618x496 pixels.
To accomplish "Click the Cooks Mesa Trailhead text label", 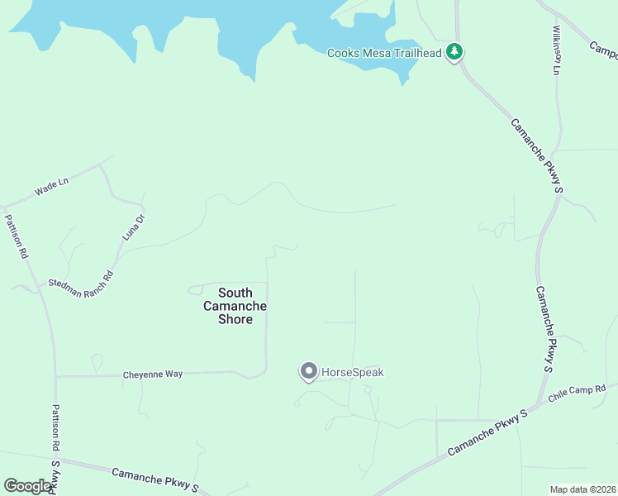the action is click(384, 53).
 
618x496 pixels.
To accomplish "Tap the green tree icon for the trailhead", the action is click(454, 52).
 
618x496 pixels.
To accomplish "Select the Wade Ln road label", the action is click(51, 188).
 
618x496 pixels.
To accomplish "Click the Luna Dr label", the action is click(133, 227).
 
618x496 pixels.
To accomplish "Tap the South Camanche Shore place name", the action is click(235, 306).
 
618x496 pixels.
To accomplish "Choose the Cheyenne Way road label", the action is click(152, 374).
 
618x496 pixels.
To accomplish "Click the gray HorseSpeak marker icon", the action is click(308, 372).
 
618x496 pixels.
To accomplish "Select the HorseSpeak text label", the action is click(352, 373).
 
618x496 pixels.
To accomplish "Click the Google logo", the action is click(27, 486).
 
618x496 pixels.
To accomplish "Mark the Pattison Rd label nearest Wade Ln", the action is click(17, 237).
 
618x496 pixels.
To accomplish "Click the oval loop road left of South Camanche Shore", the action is click(196, 289).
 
